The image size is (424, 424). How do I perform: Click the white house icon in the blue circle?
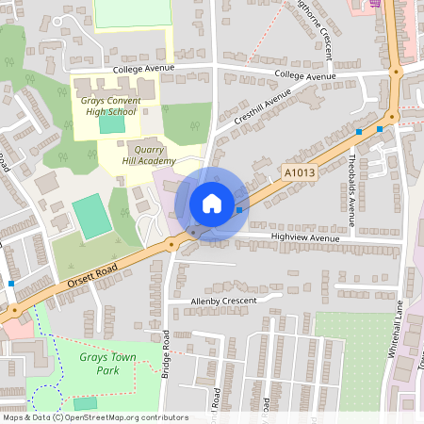(212, 204)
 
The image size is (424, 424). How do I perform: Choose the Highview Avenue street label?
(303, 238)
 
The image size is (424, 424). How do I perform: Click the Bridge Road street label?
(165, 353)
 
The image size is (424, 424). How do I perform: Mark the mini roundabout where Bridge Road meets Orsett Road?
(171, 245)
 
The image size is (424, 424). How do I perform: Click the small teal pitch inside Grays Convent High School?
(111, 124)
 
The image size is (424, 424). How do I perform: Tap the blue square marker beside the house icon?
(239, 210)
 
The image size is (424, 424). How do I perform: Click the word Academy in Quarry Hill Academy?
(155, 160)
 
